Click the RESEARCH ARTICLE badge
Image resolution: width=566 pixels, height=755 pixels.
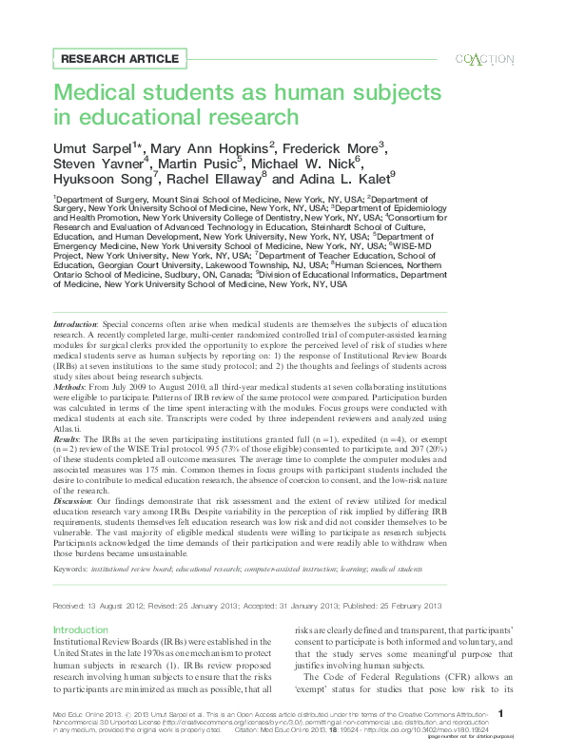pos(119,59)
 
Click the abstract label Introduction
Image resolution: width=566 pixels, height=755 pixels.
pos(75,325)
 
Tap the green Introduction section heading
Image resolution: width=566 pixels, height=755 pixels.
pos(80,630)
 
